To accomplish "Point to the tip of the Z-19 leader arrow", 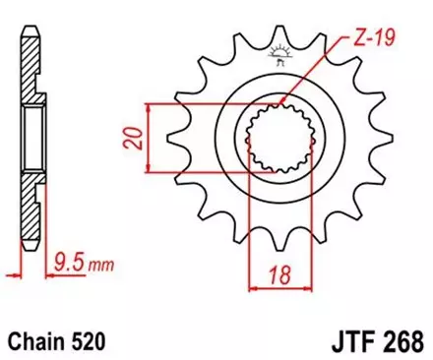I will coord(282,102).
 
